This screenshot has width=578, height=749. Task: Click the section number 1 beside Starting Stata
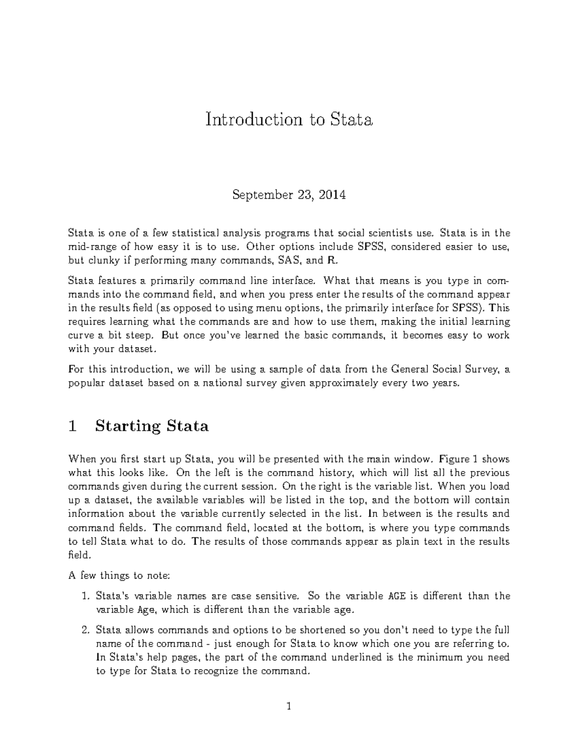(73, 426)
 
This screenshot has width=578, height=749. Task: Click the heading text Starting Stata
(152, 426)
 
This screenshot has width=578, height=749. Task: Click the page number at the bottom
(289, 707)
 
